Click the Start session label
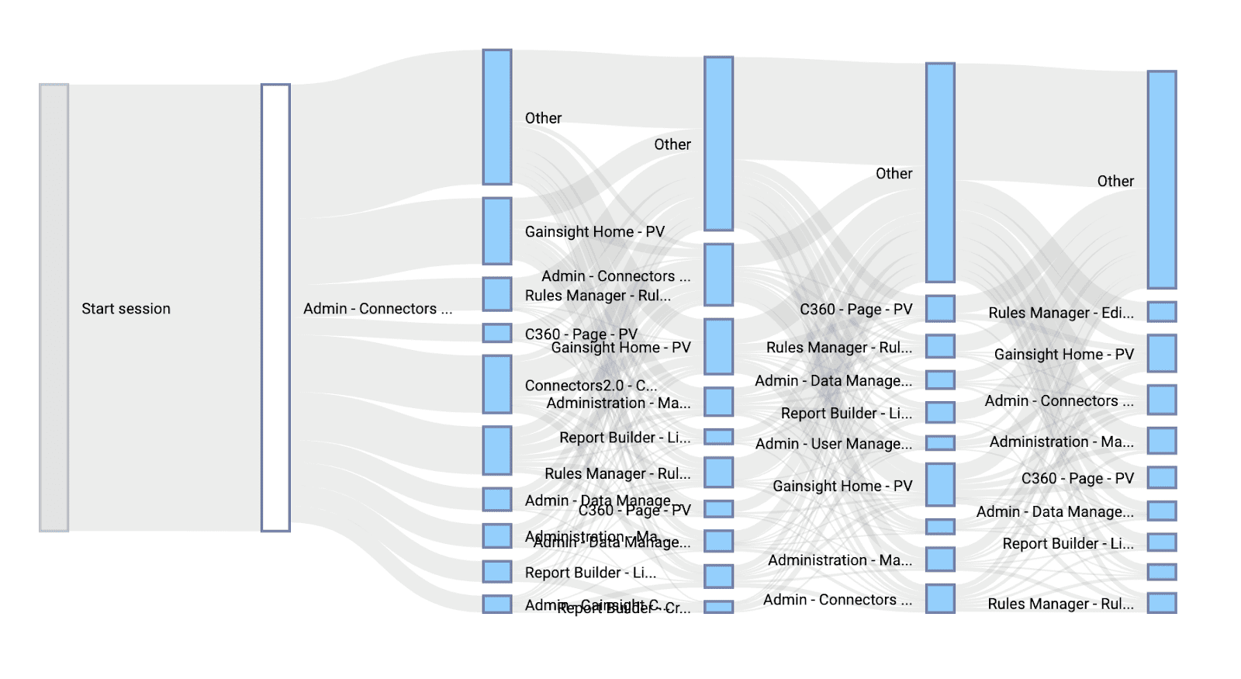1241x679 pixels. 126,309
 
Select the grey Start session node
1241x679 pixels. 54,307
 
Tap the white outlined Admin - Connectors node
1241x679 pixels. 275,307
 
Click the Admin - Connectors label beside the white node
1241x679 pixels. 377,309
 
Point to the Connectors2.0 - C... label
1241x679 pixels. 590,385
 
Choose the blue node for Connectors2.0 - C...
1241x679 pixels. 497,384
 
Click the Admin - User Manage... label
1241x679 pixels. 833,444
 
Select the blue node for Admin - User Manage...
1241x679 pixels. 940,443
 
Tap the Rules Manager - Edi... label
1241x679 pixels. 1060,313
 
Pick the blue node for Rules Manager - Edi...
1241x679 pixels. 1162,312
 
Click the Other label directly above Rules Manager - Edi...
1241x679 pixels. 1115,182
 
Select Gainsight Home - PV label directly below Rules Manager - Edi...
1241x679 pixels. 1063,355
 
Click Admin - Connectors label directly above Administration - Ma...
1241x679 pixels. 1059,401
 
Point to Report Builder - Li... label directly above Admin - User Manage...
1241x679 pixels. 846,414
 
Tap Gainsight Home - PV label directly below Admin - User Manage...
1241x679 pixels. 842,487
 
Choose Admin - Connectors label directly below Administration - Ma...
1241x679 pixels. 837,600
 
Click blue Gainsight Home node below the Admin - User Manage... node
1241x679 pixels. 940,485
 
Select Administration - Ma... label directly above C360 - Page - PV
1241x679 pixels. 1061,442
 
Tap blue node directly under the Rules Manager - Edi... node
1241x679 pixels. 1162,353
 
